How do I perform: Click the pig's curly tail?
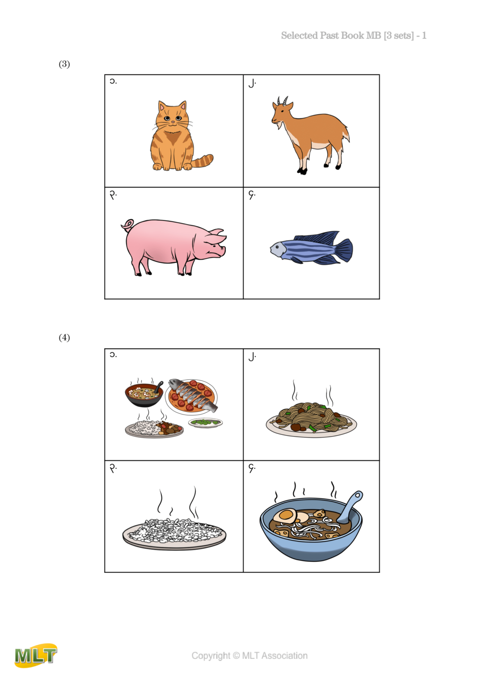point(128,225)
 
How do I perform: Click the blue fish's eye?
point(278,246)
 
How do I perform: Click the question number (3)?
point(64,64)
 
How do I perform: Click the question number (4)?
point(64,337)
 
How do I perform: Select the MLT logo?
point(36,655)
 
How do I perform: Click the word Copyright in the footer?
point(211,656)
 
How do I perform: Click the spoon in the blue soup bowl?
point(351,505)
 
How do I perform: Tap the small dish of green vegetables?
point(205,422)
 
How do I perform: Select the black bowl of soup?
point(144,394)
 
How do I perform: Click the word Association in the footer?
point(284,656)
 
